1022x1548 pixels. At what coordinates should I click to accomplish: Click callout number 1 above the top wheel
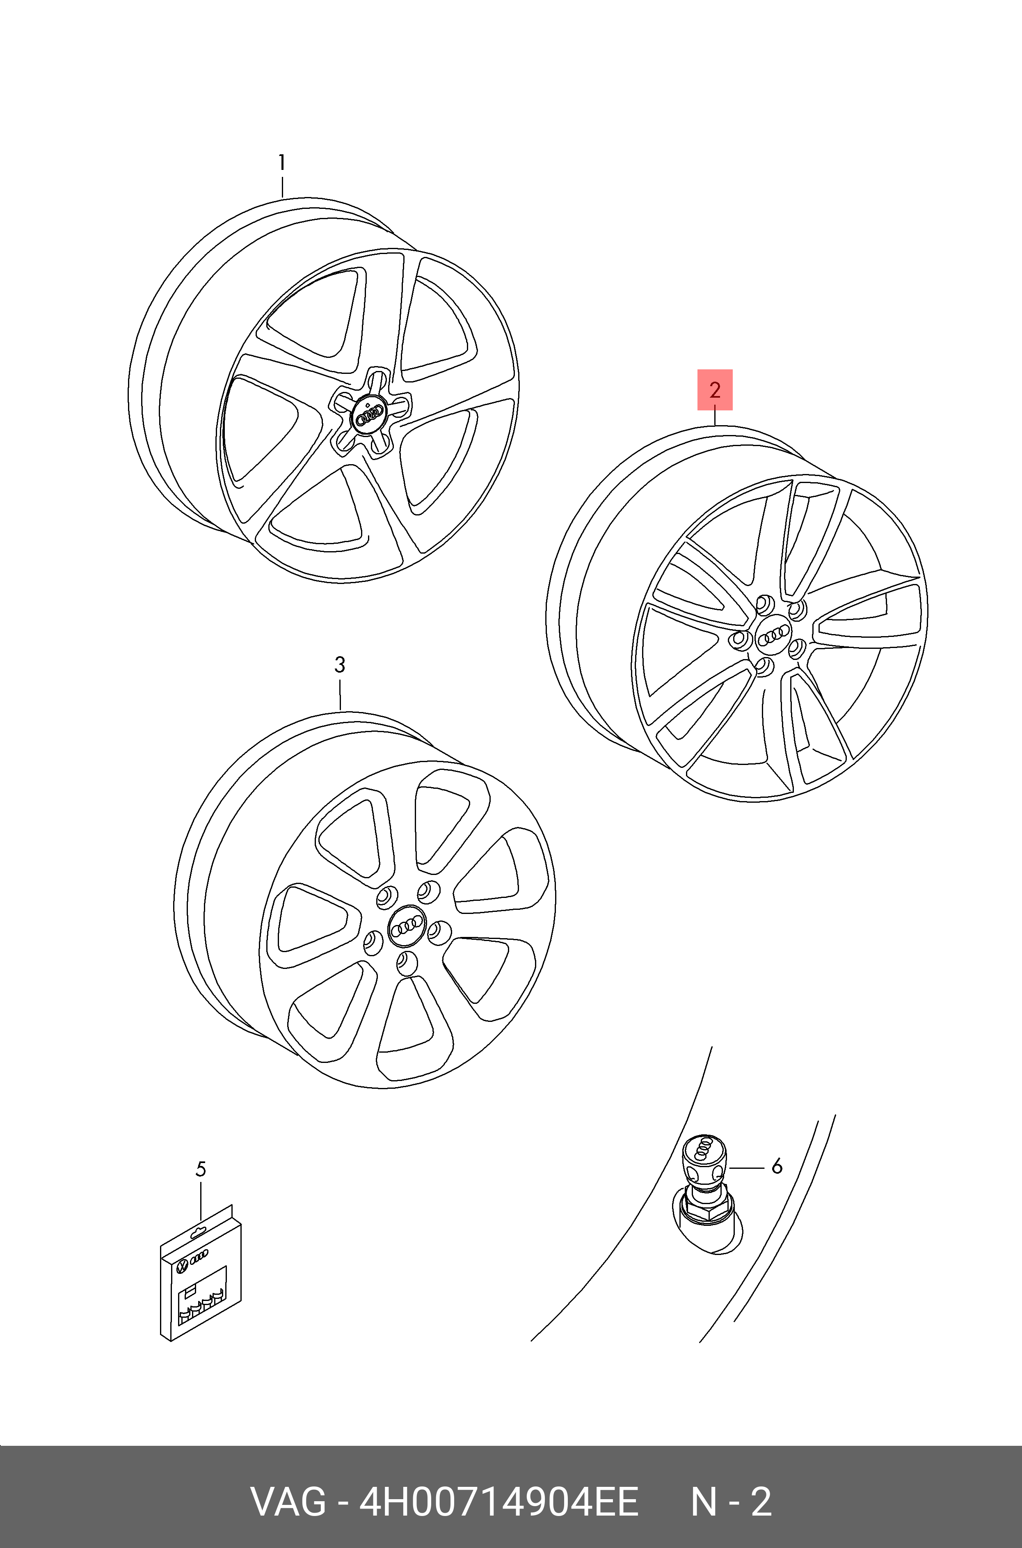point(281,162)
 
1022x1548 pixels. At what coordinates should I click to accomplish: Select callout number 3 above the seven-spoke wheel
point(340,666)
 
